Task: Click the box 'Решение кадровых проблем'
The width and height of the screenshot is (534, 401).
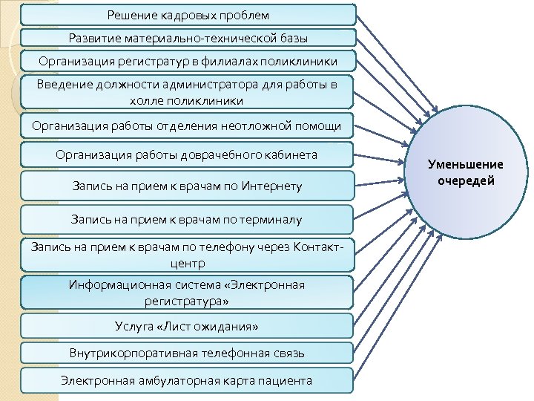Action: coord(188,15)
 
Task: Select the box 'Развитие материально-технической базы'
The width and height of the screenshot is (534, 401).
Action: coord(188,38)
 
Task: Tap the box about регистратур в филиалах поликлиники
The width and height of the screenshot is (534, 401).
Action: coord(188,61)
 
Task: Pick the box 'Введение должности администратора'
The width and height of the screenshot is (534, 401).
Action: coord(188,92)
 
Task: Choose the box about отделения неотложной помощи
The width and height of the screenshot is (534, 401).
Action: coord(188,125)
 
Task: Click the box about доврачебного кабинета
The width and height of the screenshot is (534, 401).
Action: coord(188,154)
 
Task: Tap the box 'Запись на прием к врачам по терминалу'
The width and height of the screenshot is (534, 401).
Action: coord(188,220)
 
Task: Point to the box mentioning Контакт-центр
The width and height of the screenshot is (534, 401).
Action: coord(188,255)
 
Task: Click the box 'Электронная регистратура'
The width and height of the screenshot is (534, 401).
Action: coord(188,293)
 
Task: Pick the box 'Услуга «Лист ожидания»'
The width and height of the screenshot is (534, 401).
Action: coord(188,326)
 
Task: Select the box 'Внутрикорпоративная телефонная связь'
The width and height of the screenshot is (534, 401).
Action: coord(188,353)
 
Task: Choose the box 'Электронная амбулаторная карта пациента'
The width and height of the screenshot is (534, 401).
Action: coord(188,381)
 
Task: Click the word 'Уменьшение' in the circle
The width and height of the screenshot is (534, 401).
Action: coord(466,165)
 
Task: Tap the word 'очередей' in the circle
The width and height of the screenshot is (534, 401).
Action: coord(466,180)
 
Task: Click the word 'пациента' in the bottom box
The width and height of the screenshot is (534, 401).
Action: coord(286,381)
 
